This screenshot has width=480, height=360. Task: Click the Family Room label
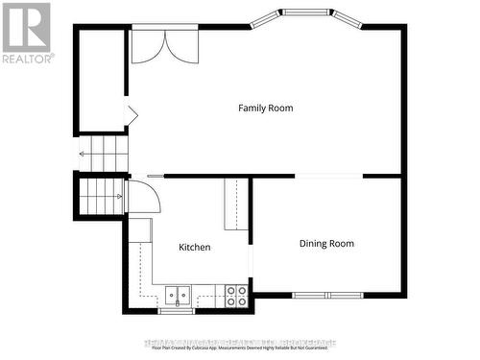265,108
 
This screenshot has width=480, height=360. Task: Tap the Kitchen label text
195,248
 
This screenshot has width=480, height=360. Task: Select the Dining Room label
326,244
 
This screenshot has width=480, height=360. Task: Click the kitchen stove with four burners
236,296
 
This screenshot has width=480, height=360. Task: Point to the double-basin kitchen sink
177,296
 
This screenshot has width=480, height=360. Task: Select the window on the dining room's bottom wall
324,295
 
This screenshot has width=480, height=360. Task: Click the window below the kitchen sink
177,311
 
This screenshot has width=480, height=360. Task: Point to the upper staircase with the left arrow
104,153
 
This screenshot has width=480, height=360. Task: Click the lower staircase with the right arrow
101,196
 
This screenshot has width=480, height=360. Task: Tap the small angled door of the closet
132,116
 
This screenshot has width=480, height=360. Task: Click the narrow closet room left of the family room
101,80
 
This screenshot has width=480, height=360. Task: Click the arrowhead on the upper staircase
82,153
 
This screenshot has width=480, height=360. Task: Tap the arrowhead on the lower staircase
120,196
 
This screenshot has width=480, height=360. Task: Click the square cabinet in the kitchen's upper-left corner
140,229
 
